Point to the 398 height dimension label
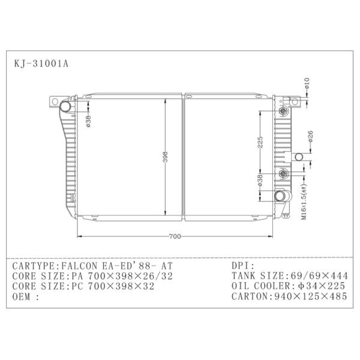[x=164, y=157]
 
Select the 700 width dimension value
[x=175, y=236]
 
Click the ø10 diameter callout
[x=306, y=83]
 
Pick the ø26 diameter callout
[x=311, y=137]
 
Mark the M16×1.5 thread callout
[x=304, y=205]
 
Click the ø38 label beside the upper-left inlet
[x=88, y=121]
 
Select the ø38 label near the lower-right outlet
[x=260, y=181]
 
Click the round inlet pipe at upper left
[x=65, y=107]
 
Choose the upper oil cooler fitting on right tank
[x=283, y=112]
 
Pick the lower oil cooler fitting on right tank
[x=283, y=175]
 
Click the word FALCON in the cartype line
[x=77, y=265]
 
